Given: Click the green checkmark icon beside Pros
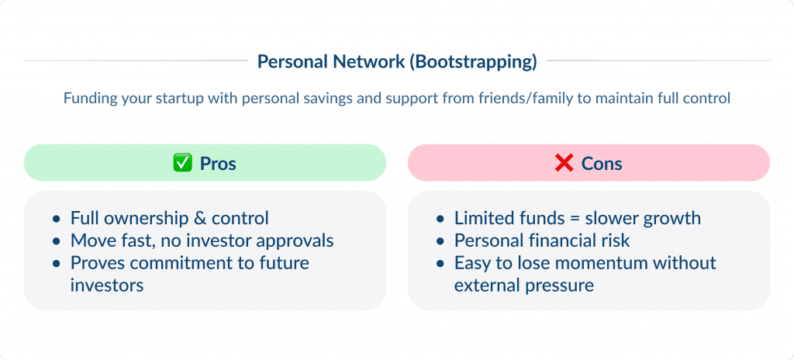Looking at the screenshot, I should (x=181, y=164).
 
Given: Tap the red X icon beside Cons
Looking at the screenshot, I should (x=564, y=164).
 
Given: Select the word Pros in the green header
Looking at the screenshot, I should (x=218, y=164).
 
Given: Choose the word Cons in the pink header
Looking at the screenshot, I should (x=602, y=164).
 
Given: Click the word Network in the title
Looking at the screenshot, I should (x=371, y=61).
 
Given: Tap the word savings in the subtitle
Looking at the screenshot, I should (x=330, y=99).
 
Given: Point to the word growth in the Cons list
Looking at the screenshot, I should (x=675, y=218).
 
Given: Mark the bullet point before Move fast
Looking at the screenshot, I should (x=56, y=241).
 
